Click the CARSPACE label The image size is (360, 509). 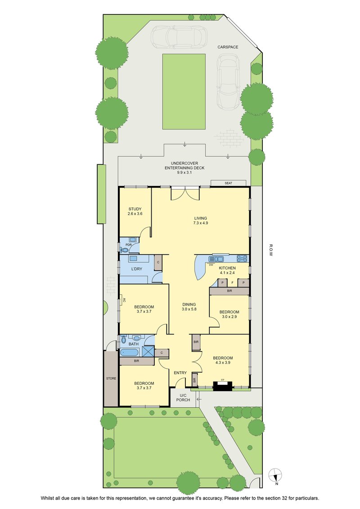pos(228,47)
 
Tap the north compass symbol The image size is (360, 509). pos(275,476)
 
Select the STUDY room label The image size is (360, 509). pos(135,209)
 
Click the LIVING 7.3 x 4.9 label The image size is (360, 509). pos(200,221)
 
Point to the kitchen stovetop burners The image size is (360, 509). pos(242,258)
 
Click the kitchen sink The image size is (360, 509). pos(216,259)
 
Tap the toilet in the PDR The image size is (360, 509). pos(123,250)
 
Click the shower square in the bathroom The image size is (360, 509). pos(148,351)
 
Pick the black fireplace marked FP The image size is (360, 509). pos(223,386)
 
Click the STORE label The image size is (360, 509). pos(111,378)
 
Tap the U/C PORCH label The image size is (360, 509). pos(183,398)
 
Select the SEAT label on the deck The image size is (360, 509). pos(229,183)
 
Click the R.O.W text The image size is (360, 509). pos(271,250)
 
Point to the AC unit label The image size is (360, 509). pos(124,301)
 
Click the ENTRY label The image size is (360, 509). pos(180,373)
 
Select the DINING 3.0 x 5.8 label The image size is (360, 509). pos(189,307)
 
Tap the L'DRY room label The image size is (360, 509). pos(137,269)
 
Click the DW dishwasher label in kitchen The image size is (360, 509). pos(211,265)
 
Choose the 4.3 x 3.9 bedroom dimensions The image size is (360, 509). pos(223,363)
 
